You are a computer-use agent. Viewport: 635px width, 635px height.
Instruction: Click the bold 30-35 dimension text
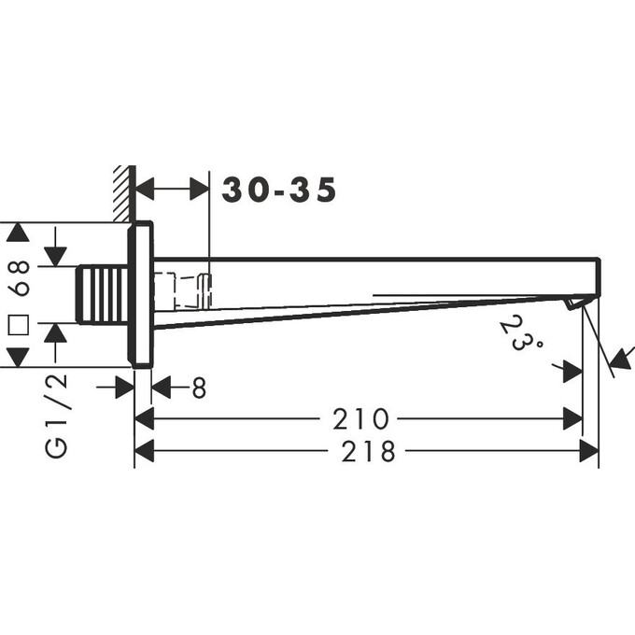point(279,190)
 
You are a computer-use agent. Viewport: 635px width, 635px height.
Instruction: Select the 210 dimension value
point(360,418)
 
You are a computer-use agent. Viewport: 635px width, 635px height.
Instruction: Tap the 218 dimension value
point(368,451)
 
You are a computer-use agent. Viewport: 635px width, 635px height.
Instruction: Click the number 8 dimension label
point(199,388)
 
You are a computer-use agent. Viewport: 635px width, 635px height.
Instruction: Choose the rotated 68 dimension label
point(19,278)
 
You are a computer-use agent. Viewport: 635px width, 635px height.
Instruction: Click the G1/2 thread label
point(55,416)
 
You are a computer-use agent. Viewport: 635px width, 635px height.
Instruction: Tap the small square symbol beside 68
point(19,325)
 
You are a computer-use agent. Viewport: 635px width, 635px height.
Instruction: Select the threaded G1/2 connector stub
point(103,295)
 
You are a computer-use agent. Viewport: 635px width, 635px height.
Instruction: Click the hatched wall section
point(122,193)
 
